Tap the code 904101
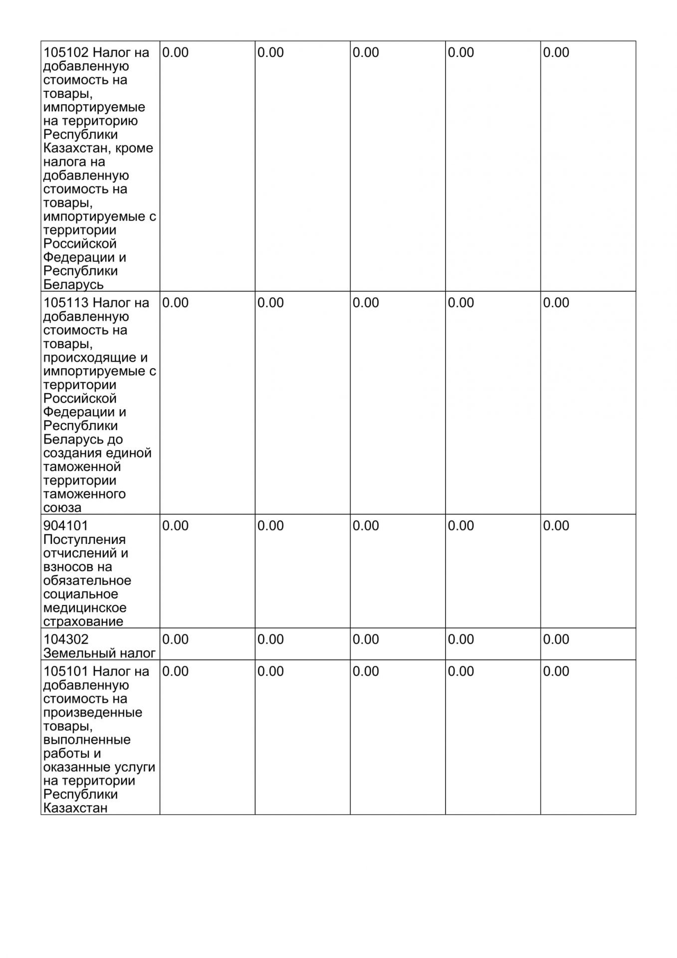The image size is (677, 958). pos(66,526)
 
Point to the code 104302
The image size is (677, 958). pos(66,640)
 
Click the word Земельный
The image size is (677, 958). pos(75,653)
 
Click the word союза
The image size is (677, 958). pos(62,508)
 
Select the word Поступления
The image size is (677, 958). pos(84,540)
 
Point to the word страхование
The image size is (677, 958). pos(83,622)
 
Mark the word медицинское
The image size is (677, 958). pos(85,608)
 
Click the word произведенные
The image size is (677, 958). pos(93,713)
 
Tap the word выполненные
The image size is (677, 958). pos(87,740)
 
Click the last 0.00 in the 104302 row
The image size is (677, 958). pos(556,640)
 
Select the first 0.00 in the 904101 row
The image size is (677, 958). pos(176,526)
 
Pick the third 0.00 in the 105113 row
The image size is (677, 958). pos(366,303)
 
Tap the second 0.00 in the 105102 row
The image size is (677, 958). pos(270,53)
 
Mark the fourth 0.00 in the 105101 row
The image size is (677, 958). pos(460,672)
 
